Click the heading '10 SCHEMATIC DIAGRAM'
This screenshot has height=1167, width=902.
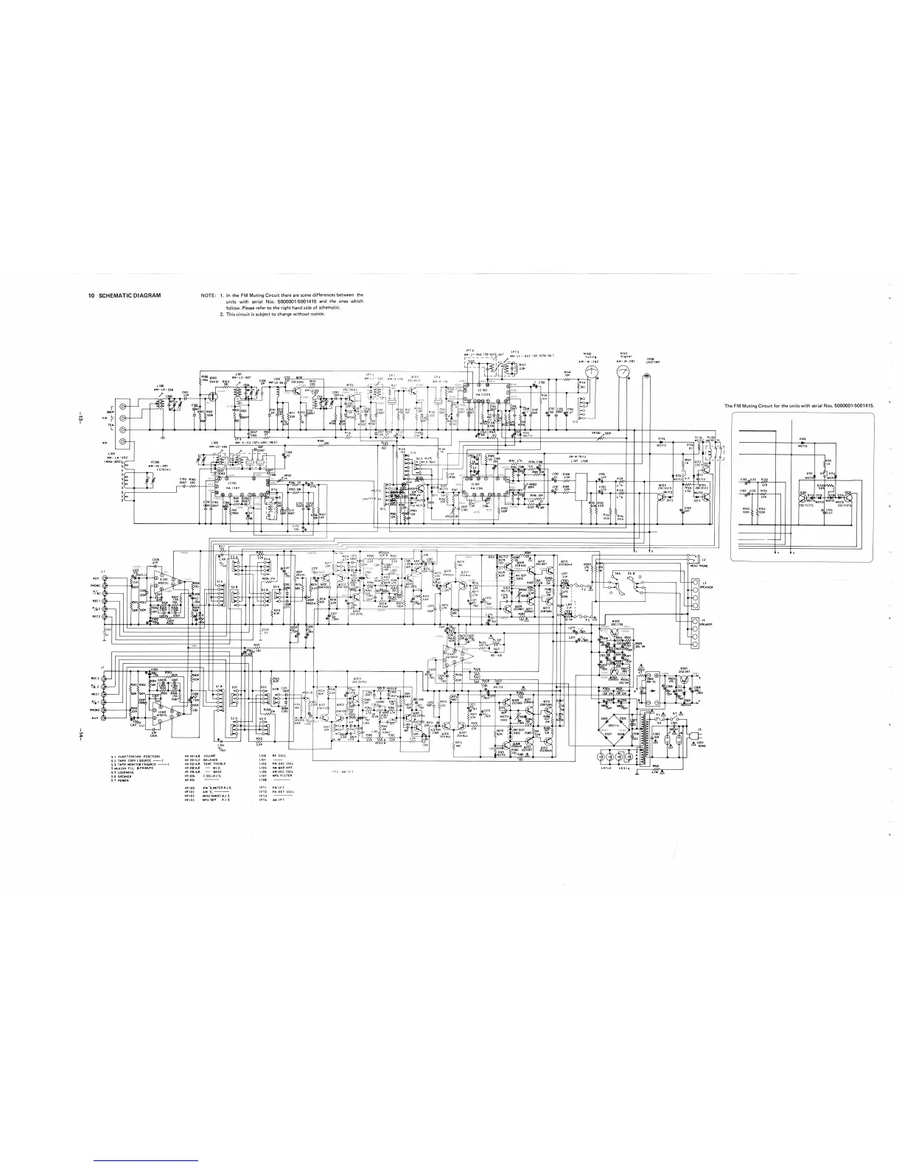coord(124,295)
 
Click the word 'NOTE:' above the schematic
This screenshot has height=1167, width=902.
coord(209,295)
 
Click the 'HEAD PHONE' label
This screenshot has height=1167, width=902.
coord(710,566)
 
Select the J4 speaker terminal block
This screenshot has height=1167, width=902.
coord(695,628)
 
